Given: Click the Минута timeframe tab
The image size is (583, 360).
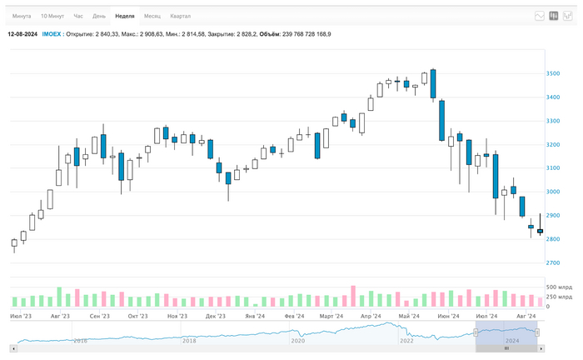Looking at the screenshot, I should click(22, 16).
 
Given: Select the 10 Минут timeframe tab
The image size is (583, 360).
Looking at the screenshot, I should click(52, 16).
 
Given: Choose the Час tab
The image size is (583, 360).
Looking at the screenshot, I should click(78, 16).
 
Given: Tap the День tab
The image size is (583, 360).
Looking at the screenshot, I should click(99, 16).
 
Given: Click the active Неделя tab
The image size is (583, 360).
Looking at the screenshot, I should click(125, 16).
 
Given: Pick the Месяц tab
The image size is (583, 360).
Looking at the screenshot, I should click(152, 16).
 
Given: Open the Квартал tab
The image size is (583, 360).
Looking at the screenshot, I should click(180, 16).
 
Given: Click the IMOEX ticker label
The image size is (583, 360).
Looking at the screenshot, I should click(52, 34).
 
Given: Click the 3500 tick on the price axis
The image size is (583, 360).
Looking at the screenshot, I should click(554, 74).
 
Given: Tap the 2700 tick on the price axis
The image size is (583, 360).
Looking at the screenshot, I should click(554, 263).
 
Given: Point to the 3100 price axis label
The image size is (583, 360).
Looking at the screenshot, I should click(554, 168).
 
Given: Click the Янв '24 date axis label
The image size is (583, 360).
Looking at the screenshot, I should click(255, 317).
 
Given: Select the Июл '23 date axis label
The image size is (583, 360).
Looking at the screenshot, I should click(22, 317).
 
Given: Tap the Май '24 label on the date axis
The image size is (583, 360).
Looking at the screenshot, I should click(409, 317).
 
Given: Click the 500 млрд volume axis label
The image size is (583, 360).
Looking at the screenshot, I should click(559, 287).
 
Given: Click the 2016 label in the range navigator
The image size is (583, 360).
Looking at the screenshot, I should click(80, 341).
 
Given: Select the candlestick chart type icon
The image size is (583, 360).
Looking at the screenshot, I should click(554, 16).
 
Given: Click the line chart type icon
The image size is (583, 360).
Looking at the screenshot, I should click(540, 16).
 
